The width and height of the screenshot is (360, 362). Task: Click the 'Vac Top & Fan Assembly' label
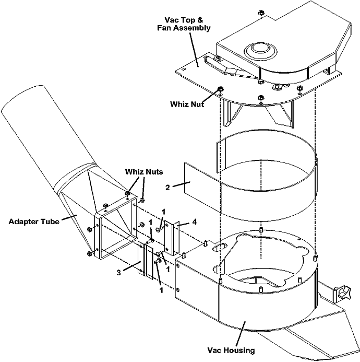[x=184, y=24]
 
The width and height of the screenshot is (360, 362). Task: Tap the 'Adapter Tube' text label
[x=34, y=221]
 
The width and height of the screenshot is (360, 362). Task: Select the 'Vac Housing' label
[x=231, y=350]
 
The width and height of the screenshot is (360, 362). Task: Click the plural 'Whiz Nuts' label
[x=144, y=172]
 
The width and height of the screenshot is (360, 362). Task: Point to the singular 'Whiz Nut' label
[x=187, y=104]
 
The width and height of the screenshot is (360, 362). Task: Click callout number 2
[x=167, y=188]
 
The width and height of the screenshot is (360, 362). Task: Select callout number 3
[x=118, y=273]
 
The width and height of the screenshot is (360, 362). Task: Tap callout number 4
[x=195, y=222]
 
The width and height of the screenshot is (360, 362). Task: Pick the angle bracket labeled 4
[x=172, y=238]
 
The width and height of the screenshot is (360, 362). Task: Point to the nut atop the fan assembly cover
[x=261, y=13]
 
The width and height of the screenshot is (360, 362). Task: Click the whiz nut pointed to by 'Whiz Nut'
[x=220, y=88]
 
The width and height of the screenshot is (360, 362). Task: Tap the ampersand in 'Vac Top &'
[x=200, y=20]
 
